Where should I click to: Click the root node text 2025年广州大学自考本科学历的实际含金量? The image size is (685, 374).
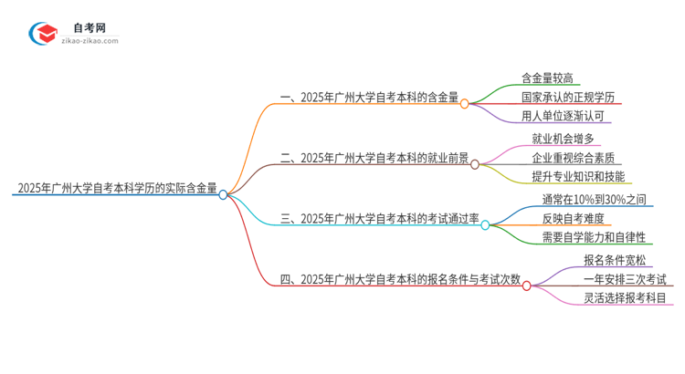(x=115, y=190)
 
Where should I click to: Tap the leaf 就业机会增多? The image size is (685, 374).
(x=563, y=139)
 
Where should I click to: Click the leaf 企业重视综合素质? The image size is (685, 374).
(x=573, y=157)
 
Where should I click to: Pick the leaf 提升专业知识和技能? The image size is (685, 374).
(x=577, y=176)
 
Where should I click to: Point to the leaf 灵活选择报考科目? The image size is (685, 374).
(x=625, y=297)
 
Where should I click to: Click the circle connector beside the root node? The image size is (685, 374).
(x=223, y=194)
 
